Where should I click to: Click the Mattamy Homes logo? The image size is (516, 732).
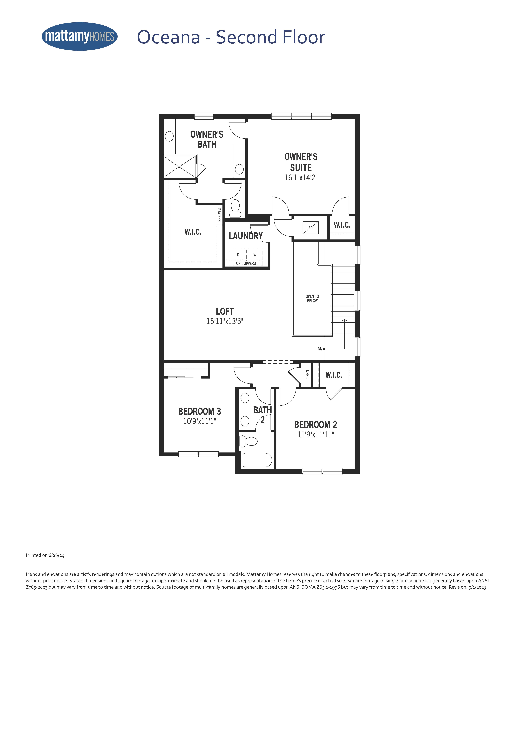pyautogui.click(x=80, y=36)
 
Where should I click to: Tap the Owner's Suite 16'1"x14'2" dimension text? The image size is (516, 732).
pyautogui.click(x=301, y=178)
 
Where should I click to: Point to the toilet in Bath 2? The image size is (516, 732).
pyautogui.click(x=248, y=441)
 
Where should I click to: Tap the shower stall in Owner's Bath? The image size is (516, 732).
pyautogui.click(x=180, y=166)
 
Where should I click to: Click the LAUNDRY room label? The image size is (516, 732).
pyautogui.click(x=246, y=236)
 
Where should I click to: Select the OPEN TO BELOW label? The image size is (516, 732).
pyautogui.click(x=312, y=298)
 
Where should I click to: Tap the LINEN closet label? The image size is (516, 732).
pyautogui.click(x=307, y=375)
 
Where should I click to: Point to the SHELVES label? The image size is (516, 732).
pyautogui.click(x=219, y=215)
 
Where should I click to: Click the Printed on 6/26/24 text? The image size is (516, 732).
pyautogui.click(x=45, y=555)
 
